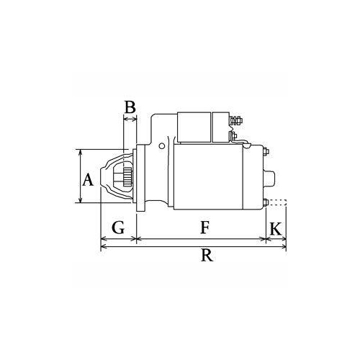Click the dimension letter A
[88, 180]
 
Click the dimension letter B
[130, 107]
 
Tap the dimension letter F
[204, 228]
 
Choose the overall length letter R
[207, 256]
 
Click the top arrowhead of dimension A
[80, 153]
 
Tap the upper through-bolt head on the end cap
[266, 152]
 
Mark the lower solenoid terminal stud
[233, 135]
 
